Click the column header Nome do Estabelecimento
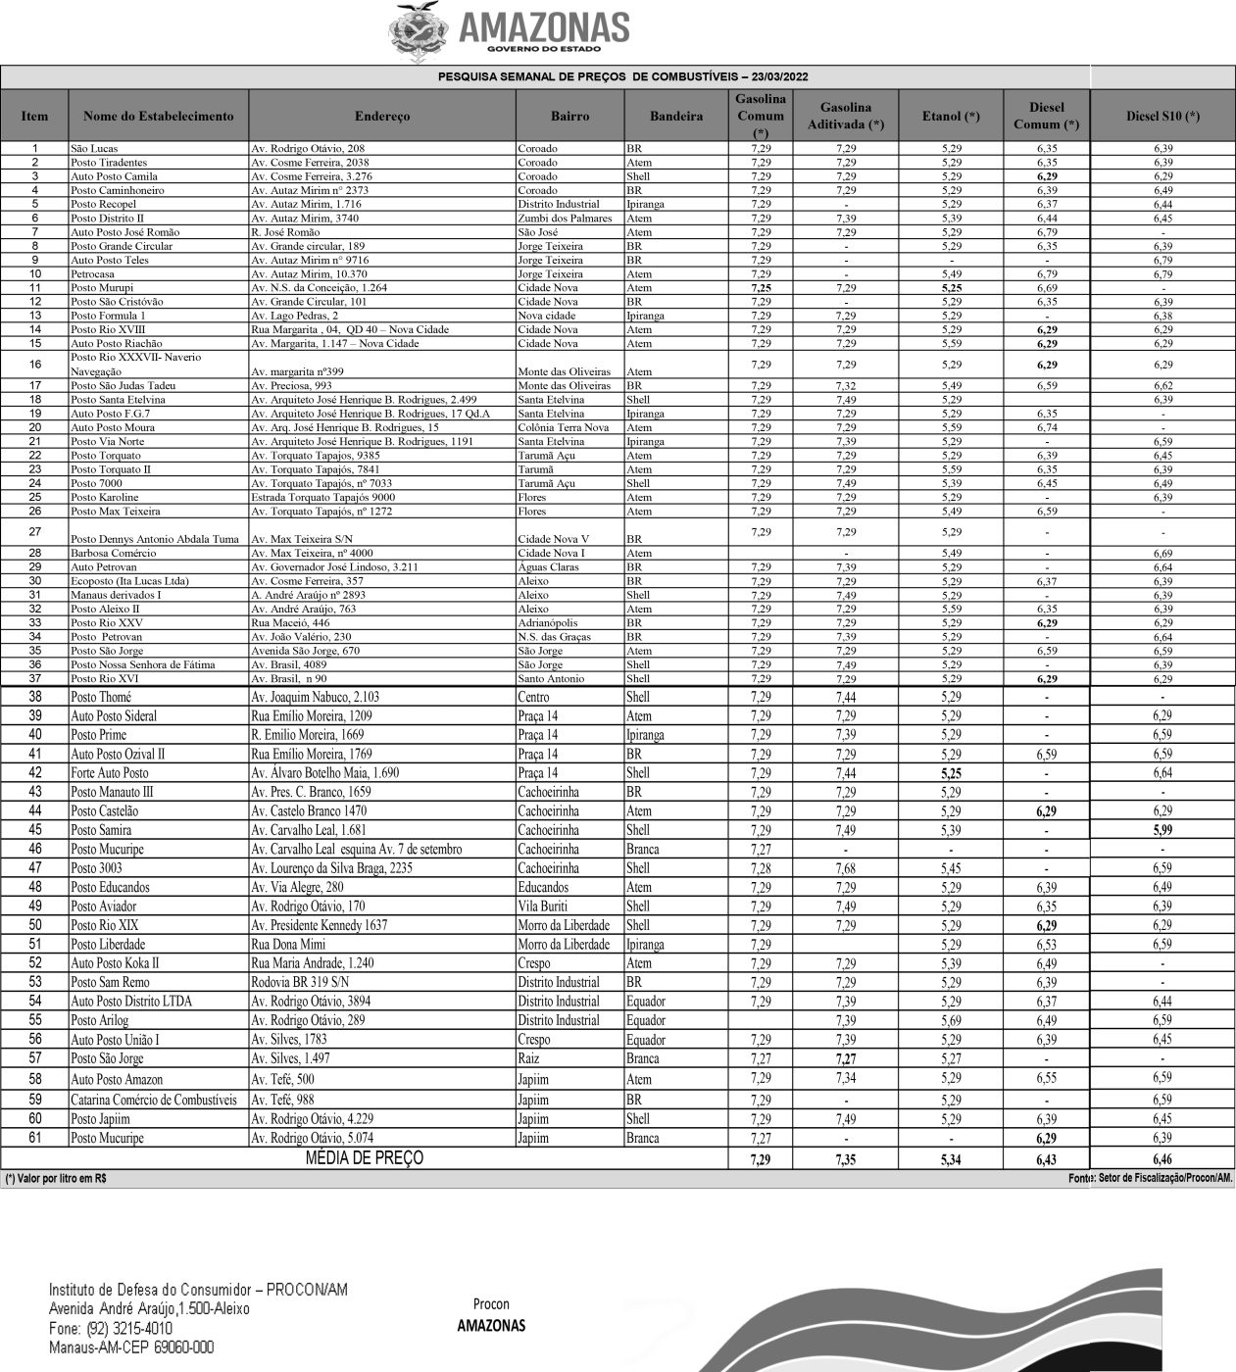tap(159, 117)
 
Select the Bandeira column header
tap(675, 117)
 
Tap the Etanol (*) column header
tap(950, 117)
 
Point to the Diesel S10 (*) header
tap(1162, 117)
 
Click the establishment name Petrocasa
tap(92, 274)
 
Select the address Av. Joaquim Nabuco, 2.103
tap(315, 697)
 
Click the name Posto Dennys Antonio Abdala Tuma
tap(155, 539)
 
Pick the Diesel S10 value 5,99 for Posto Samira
tap(1162, 830)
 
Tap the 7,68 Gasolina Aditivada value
tap(845, 868)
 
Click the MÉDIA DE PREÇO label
tap(365, 1158)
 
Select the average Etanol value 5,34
tap(950, 1159)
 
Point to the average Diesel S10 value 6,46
tap(1162, 1159)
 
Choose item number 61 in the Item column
tap(35, 1139)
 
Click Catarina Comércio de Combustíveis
tap(154, 1100)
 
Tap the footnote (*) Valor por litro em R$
tap(56, 1179)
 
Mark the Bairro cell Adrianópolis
tap(549, 623)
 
